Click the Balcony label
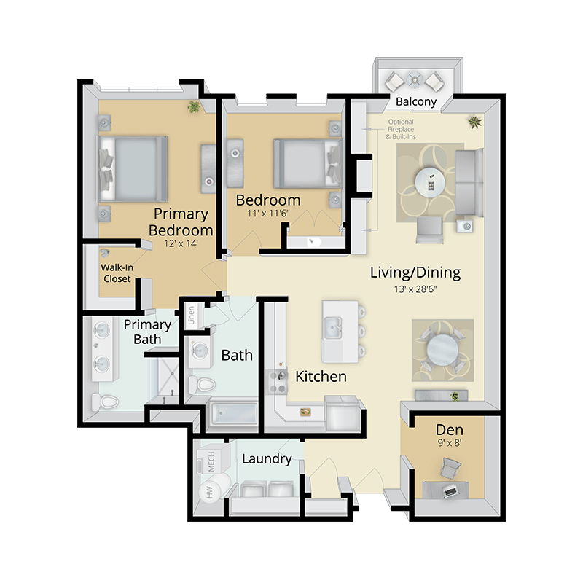(415, 101)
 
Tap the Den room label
(450, 430)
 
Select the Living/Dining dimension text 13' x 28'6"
(415, 289)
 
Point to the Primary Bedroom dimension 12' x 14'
(181, 243)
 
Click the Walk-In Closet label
(117, 273)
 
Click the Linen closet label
(191, 316)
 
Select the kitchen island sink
(333, 327)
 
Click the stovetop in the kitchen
(278, 382)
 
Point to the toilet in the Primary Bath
(105, 402)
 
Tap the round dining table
(442, 350)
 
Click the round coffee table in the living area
(430, 183)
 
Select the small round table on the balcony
(414, 79)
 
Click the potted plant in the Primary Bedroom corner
(193, 106)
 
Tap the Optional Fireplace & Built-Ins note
(401, 129)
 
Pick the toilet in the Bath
(202, 385)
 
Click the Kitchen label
(321, 377)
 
